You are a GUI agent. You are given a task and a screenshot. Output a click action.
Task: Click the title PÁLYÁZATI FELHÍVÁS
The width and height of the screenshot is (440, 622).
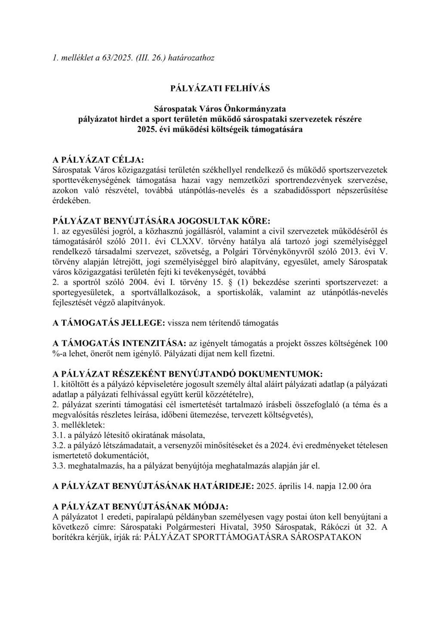point(220,88)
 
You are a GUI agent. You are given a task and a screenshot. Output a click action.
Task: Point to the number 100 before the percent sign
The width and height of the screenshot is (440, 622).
point(382,343)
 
